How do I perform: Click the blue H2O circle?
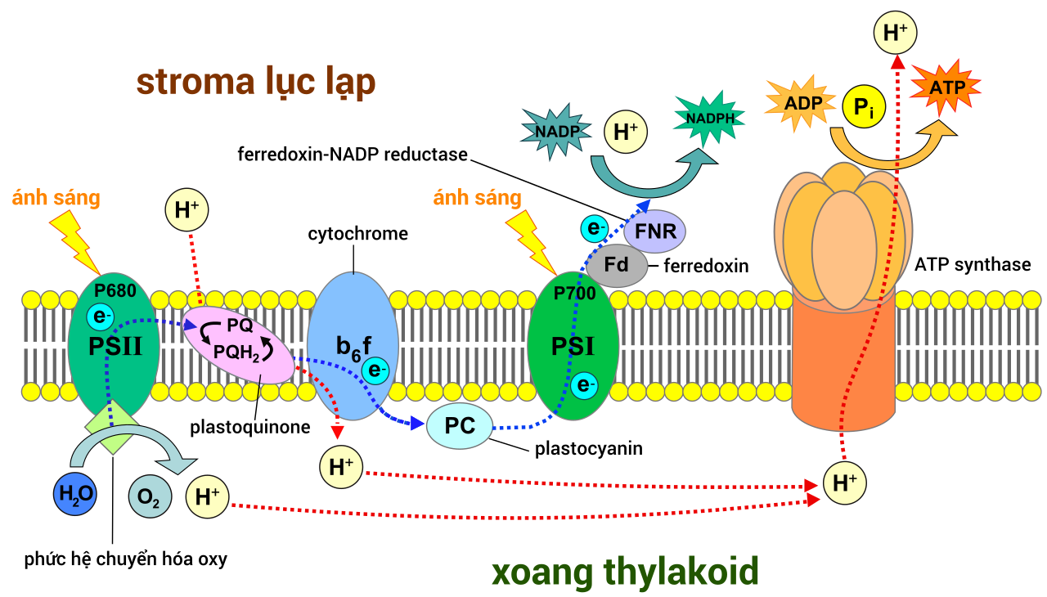[x=75, y=494]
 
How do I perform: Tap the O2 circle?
[x=150, y=496]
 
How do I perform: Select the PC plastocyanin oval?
[x=460, y=426]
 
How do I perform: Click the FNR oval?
[x=655, y=231]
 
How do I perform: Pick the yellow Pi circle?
[x=864, y=106]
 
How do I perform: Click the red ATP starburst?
[x=946, y=87]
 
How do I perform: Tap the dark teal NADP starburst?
[x=555, y=132]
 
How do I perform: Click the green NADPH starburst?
[x=709, y=119]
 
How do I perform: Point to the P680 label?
[x=115, y=290]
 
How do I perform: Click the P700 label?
[x=575, y=293]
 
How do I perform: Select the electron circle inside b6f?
[x=375, y=370]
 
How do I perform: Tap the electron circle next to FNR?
[x=595, y=228]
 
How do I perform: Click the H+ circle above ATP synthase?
[x=895, y=33]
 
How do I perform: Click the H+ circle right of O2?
[x=207, y=496]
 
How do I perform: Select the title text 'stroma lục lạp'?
[x=256, y=83]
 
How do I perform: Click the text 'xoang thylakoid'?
[x=625, y=572]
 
